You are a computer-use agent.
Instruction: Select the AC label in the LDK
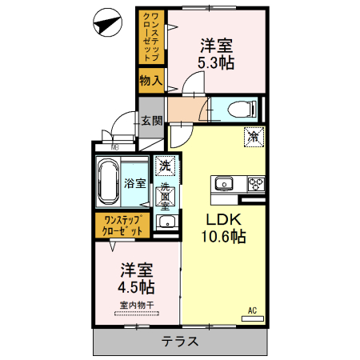click(250, 310)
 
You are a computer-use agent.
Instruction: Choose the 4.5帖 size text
click(137, 285)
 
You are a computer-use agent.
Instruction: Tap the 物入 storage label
click(150, 80)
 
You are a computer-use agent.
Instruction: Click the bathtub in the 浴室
click(106, 182)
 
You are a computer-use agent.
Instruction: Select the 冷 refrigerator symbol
click(253, 136)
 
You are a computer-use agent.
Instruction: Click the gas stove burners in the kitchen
click(255, 184)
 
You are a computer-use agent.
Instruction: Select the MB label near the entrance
click(114, 146)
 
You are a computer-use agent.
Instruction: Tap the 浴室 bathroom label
click(134, 182)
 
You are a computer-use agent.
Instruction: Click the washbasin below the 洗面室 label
click(163, 221)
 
